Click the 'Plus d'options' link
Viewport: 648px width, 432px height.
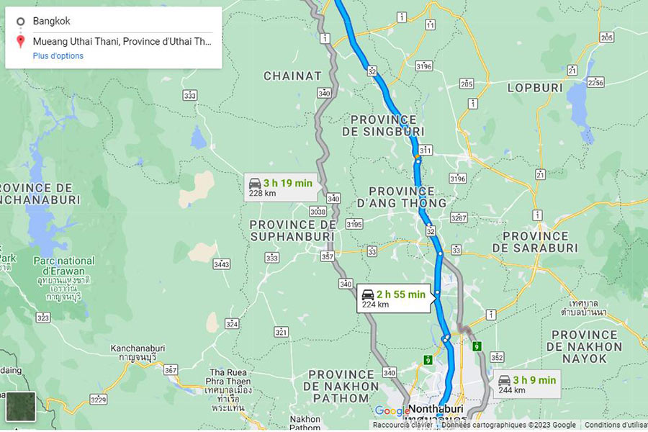58,56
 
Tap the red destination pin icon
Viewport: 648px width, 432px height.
21,41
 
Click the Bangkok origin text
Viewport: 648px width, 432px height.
52,21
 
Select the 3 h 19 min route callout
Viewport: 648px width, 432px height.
281,187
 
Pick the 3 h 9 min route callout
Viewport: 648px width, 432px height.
527,384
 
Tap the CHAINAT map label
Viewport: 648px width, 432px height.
292,76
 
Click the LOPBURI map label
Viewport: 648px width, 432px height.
534,88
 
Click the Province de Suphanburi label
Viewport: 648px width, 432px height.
293,230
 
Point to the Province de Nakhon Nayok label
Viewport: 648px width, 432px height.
585,347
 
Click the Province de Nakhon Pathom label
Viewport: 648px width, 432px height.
341,381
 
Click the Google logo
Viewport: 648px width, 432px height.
392,412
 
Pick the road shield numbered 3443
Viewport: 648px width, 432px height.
221,265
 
